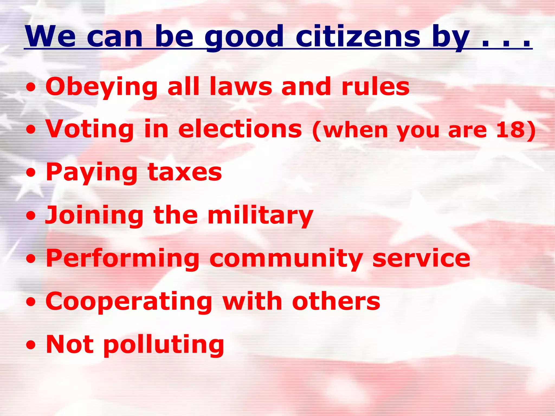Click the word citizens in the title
tap(358, 36)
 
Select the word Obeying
tap(102, 87)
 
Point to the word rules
tap(375, 87)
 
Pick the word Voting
tap(89, 129)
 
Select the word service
tap(421, 258)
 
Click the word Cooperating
tap(129, 302)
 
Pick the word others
tap(336, 301)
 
